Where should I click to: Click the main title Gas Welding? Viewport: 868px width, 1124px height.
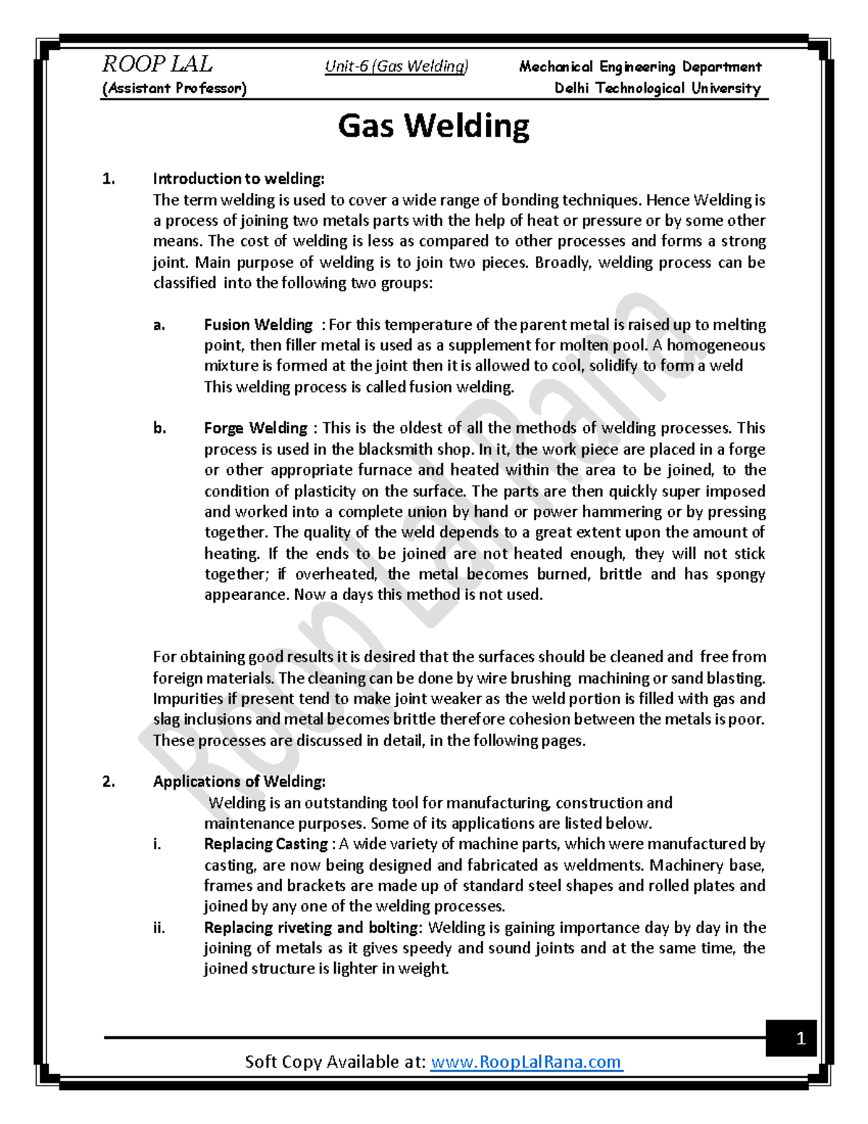pyautogui.click(x=433, y=126)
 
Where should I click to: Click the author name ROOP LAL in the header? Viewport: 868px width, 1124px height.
pyautogui.click(x=157, y=64)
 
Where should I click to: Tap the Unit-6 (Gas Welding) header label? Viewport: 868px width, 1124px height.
pyautogui.click(x=396, y=67)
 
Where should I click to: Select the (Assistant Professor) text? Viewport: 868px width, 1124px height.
pyautogui.click(x=174, y=88)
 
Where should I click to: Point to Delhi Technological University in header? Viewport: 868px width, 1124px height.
pyautogui.click(x=657, y=88)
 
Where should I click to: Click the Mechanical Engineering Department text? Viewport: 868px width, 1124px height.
pyautogui.click(x=639, y=67)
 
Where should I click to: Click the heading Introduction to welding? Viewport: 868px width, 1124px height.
pyautogui.click(x=239, y=179)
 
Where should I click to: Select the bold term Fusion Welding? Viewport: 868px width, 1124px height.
pyautogui.click(x=258, y=325)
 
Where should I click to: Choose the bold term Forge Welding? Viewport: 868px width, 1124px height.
pyautogui.click(x=255, y=428)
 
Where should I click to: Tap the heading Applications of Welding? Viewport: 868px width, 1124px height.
pyautogui.click(x=239, y=782)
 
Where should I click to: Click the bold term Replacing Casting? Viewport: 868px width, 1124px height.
pyautogui.click(x=265, y=844)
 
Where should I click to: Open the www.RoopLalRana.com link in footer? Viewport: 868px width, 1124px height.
pyautogui.click(x=526, y=1062)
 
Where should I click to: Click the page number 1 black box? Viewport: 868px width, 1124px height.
pyautogui.click(x=800, y=1039)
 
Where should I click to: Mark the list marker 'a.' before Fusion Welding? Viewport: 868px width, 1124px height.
pyautogui.click(x=159, y=325)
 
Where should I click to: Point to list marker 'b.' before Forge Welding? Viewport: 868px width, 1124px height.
pyautogui.click(x=159, y=428)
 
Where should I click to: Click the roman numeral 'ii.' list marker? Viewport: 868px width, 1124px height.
pyautogui.click(x=159, y=928)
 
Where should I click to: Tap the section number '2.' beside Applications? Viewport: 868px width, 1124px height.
pyautogui.click(x=109, y=782)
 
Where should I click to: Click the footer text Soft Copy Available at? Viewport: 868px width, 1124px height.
pyautogui.click(x=335, y=1062)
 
